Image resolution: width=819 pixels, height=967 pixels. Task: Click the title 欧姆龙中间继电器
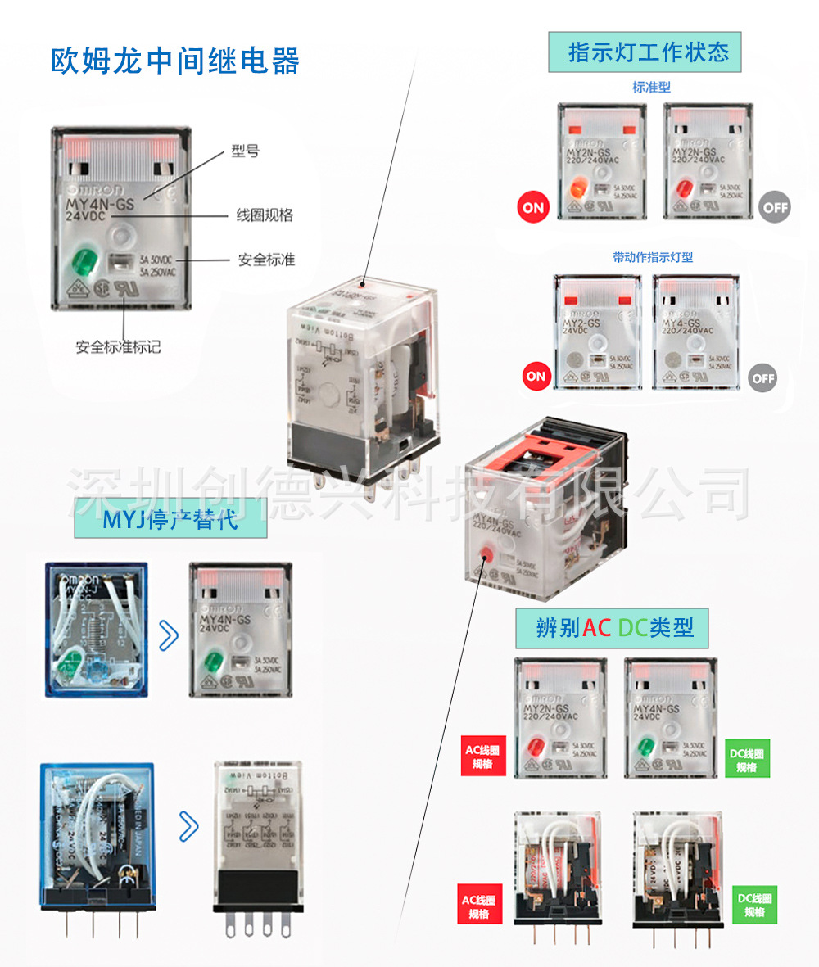[175, 62]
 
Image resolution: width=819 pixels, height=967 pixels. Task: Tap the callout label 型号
[245, 151]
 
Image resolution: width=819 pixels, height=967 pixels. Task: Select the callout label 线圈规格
[265, 215]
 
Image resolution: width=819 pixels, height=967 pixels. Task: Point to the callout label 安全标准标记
[119, 346]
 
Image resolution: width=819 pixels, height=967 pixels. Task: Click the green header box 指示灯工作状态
[647, 54]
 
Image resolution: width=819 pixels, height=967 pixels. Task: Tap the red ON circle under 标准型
[533, 207]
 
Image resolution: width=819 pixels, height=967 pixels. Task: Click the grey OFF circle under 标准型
[775, 207]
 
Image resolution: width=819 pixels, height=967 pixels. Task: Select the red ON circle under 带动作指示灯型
[536, 377]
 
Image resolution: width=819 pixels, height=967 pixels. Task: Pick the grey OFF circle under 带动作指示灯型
[763, 378]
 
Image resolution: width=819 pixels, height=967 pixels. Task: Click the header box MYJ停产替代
[170, 519]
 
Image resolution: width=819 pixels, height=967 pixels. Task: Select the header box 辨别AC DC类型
[611, 628]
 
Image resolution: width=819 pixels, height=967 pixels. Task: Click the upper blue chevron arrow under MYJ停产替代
[168, 635]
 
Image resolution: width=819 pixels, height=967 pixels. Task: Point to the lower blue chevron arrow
[188, 826]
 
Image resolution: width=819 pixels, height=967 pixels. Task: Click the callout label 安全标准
[266, 260]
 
